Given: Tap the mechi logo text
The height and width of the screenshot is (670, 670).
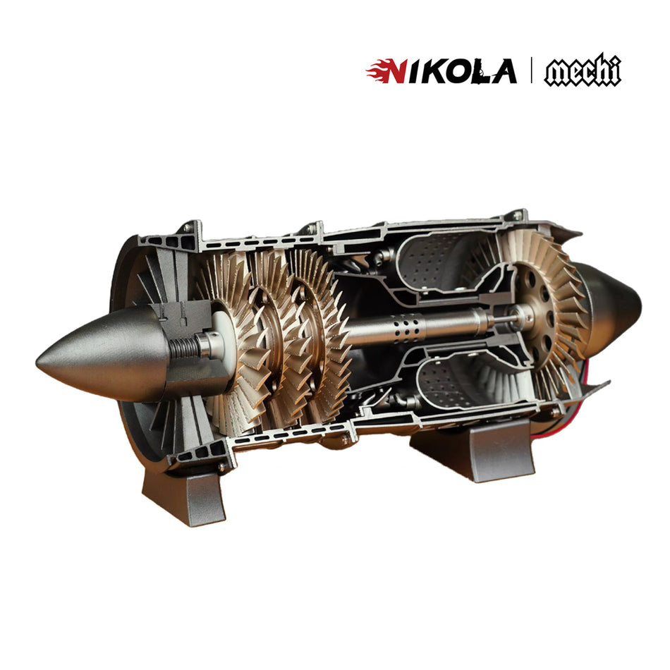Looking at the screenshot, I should [583, 72].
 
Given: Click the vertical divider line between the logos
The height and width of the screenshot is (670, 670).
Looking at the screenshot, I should [531, 71].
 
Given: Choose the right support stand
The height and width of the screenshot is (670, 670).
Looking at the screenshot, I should [473, 451].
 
